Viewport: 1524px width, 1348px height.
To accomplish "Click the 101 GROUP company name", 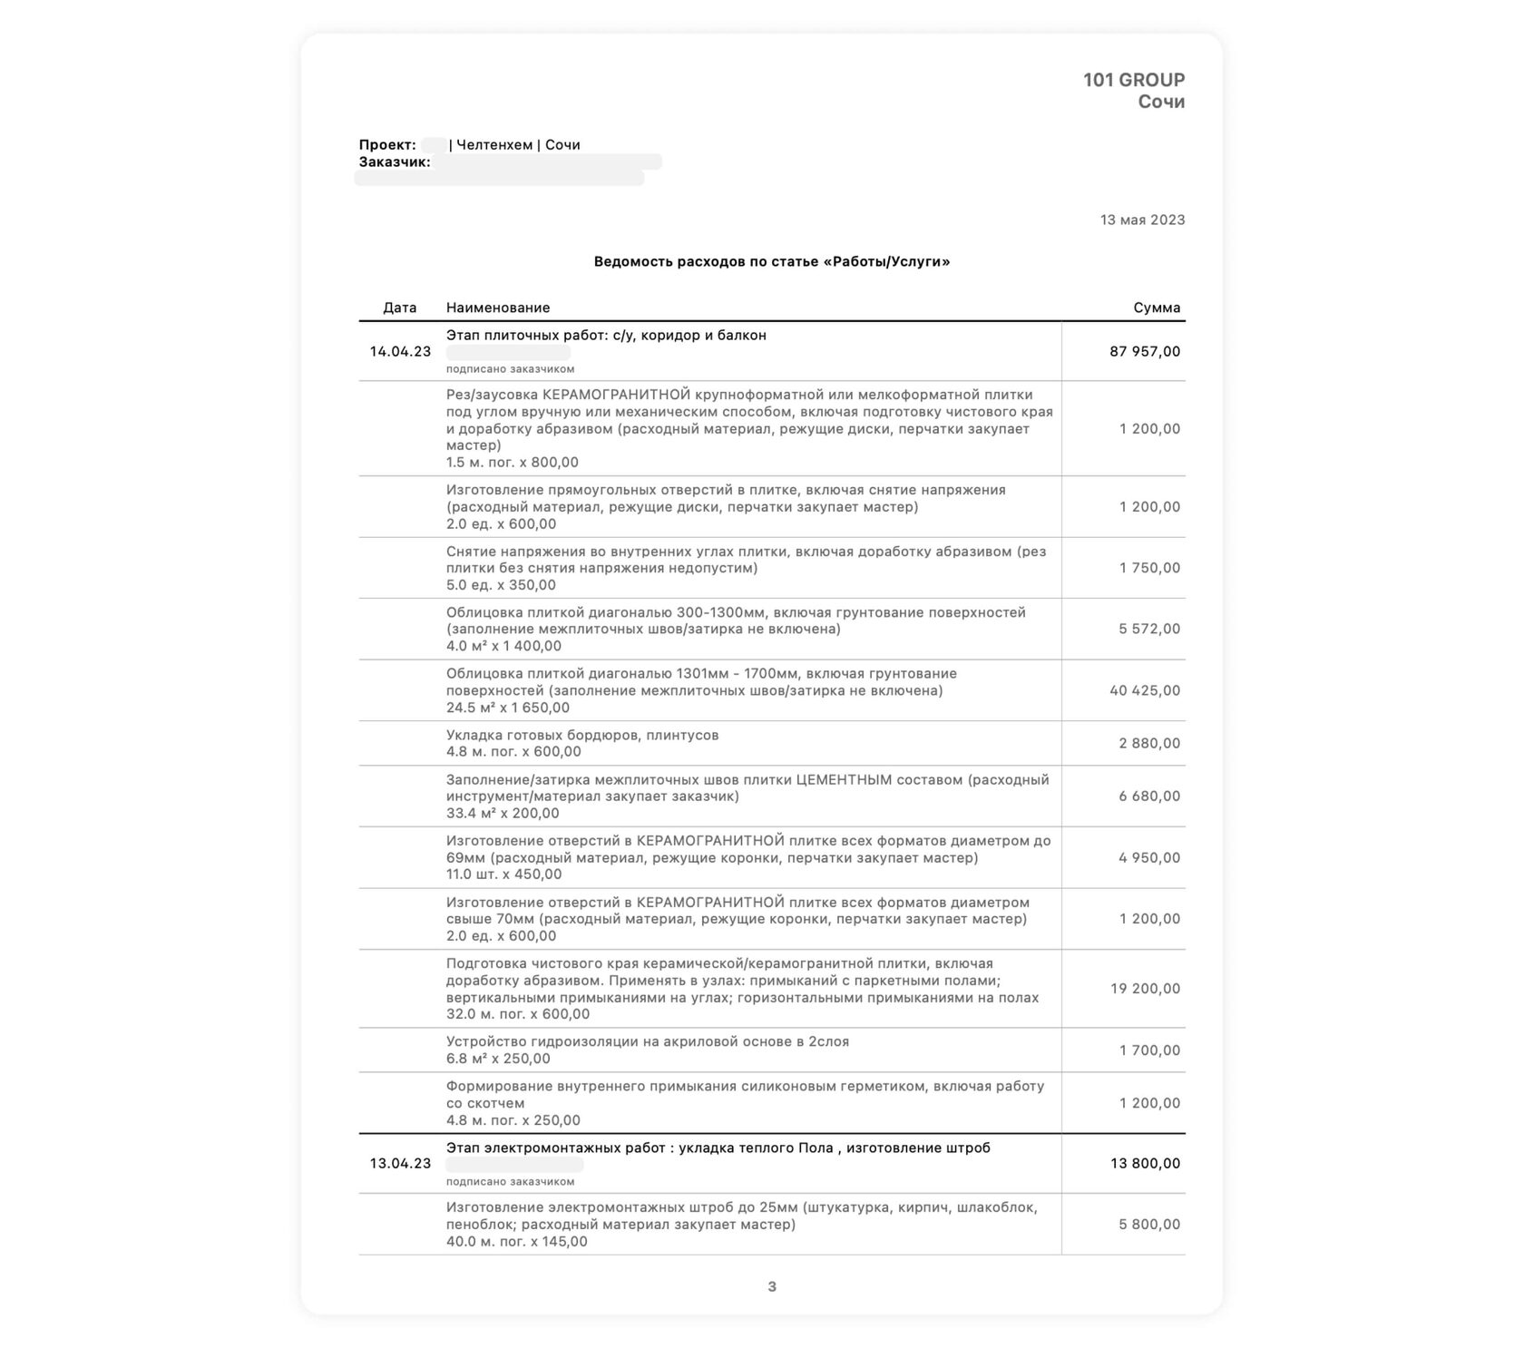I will (x=1133, y=80).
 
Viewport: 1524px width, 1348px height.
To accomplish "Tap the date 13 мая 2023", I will (x=1142, y=220).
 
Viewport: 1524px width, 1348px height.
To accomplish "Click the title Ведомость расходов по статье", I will (x=771, y=262).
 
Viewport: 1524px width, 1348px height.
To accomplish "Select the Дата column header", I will (x=399, y=308).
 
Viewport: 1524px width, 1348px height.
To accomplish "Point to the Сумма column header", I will (x=1157, y=308).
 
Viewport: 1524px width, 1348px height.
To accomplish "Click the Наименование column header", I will (x=497, y=308).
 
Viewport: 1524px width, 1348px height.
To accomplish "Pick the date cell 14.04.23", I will (x=400, y=351).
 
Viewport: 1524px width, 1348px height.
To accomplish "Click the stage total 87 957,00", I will (x=1145, y=351).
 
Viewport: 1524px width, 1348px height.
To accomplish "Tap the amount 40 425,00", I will (x=1145, y=690).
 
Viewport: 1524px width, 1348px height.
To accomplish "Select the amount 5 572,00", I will (x=1149, y=629).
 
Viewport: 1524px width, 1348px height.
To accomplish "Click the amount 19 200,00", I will (x=1145, y=989).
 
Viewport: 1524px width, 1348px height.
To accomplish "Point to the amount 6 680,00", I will (x=1149, y=796).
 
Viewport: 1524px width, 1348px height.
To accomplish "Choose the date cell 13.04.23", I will (x=400, y=1163).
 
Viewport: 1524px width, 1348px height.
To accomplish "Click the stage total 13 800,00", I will (x=1145, y=1163).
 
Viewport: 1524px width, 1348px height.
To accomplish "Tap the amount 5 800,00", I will (x=1149, y=1225).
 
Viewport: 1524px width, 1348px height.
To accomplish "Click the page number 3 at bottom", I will (x=772, y=1286).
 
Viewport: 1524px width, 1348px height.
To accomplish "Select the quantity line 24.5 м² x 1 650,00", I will (x=508, y=708).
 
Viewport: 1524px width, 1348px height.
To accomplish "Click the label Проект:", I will (x=387, y=145).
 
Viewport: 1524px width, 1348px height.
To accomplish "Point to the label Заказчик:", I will (x=395, y=162).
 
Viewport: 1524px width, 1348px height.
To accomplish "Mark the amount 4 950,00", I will (x=1149, y=858).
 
